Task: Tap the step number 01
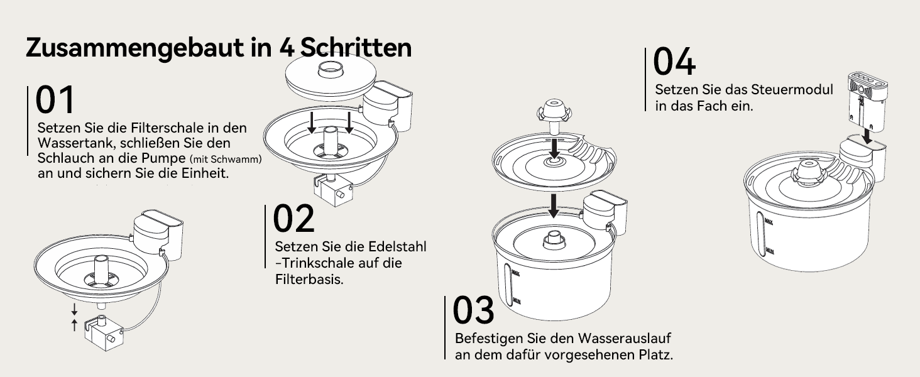point(55,99)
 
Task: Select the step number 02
point(293,219)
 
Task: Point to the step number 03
point(473,310)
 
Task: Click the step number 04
point(674,61)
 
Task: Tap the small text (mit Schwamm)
point(226,159)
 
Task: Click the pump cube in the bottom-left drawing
point(104,332)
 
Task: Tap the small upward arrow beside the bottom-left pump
point(74,324)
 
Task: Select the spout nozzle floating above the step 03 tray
point(554,116)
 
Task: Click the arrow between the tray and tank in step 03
point(554,206)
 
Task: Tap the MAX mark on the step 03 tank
point(515,272)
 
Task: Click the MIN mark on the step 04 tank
point(770,251)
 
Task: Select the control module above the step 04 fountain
point(868,102)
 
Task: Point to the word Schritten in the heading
point(356,48)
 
